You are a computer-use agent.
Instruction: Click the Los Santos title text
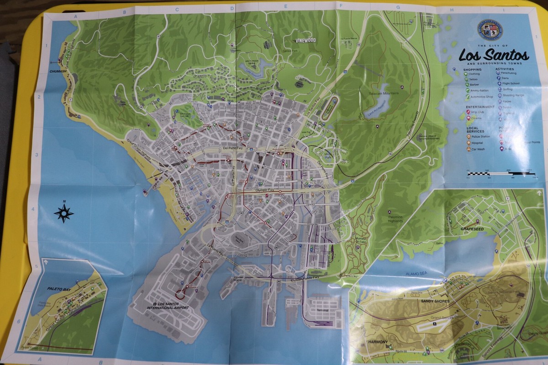494,56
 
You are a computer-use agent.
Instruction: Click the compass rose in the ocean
64,213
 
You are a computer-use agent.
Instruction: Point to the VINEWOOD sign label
306,40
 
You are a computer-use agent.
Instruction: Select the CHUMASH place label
58,71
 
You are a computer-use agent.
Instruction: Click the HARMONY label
378,342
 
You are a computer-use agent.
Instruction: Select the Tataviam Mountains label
384,93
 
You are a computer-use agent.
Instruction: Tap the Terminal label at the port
322,310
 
